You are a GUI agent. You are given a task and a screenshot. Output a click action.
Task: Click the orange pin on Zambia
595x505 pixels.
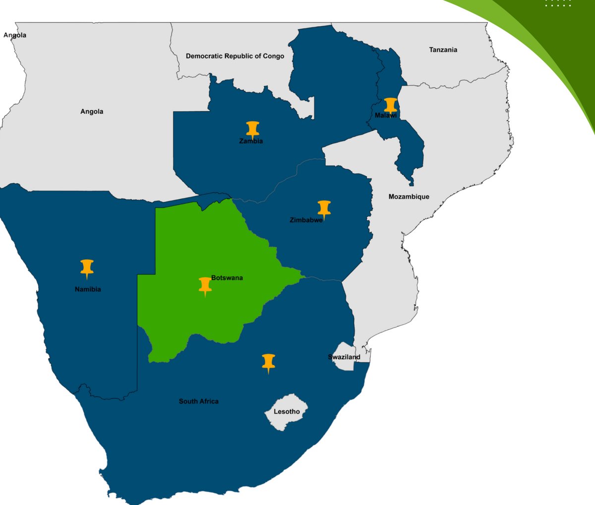[253, 128]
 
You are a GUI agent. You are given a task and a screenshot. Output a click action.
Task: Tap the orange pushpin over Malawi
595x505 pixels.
[391, 104]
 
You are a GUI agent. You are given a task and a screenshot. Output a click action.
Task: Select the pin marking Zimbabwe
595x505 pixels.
[324, 208]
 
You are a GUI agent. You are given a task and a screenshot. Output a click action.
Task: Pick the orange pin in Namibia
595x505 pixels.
[87, 267]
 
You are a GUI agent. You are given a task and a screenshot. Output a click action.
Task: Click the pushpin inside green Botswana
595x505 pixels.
[205, 285]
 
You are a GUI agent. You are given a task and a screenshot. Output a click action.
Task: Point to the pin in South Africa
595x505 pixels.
[268, 362]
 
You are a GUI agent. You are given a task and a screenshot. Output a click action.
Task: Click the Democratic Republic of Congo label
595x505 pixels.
[235, 56]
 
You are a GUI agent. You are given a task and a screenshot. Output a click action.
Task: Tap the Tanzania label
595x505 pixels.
[443, 50]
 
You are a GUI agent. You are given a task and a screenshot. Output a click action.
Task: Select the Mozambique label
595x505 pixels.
[409, 197]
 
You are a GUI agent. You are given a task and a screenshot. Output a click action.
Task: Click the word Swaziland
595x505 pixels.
[344, 357]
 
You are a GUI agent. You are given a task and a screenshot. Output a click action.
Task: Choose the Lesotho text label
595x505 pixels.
[287, 411]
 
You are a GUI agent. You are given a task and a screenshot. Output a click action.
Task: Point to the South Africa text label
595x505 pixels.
[198, 401]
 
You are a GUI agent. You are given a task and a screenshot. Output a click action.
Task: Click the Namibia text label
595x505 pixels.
[88, 289]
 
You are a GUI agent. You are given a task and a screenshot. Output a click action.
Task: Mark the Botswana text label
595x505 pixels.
[227, 278]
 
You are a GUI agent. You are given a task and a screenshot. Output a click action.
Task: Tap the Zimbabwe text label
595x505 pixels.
[306, 220]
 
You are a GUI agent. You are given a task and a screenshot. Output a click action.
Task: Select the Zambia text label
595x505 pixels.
[251, 141]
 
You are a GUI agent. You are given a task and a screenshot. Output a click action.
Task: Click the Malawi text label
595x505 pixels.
[386, 115]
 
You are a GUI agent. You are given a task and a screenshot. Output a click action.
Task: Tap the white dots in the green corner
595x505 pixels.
[558, 3]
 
